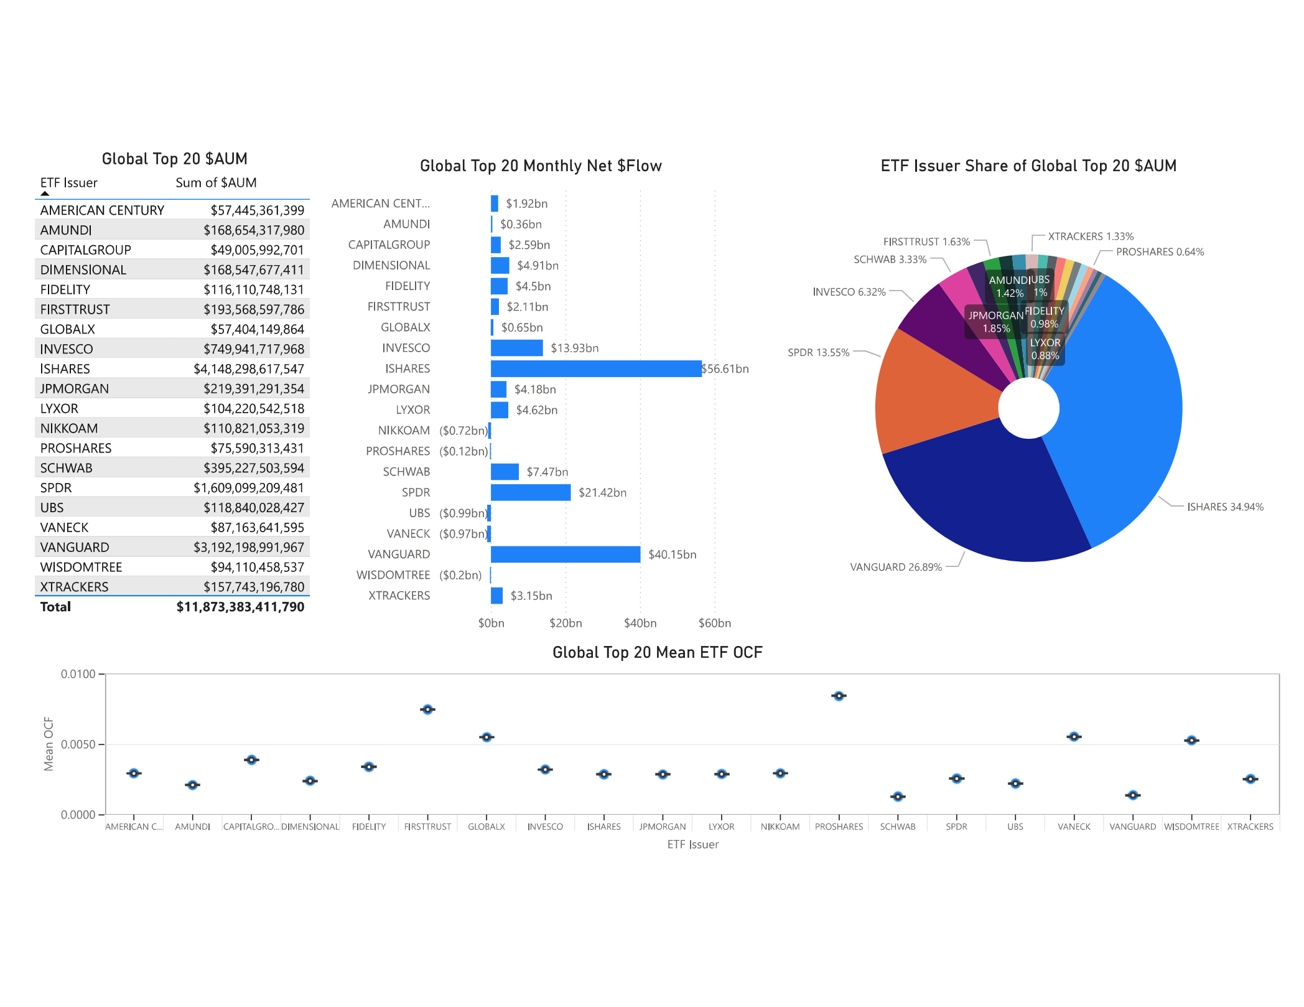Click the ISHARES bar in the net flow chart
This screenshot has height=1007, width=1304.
coord(595,368)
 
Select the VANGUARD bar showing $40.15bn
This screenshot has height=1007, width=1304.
coord(565,554)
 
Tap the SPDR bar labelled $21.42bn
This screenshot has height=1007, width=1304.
coord(530,492)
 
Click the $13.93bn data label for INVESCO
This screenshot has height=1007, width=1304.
coord(574,348)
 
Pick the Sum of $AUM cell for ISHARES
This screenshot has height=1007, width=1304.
coord(248,369)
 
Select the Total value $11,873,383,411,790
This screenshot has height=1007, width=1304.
coord(240,607)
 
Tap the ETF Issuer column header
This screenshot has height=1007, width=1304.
coord(68,183)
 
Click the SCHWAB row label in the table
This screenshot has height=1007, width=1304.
coord(66,468)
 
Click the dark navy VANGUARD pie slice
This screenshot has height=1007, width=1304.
coord(989,498)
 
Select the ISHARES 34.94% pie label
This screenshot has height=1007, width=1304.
coord(1224,507)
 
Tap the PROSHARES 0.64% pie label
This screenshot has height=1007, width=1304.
coord(1160,252)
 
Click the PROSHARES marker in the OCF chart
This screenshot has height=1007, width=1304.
coord(839,696)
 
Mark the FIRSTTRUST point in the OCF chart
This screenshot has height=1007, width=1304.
coord(427,710)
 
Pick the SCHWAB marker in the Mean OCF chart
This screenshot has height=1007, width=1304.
coord(897,797)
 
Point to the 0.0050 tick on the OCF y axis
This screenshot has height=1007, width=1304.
coord(78,744)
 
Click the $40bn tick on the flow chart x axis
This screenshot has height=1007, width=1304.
coord(640,623)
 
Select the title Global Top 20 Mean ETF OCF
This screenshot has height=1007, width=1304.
coord(657,652)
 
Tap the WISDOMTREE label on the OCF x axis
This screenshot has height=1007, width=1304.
coord(1191,827)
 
